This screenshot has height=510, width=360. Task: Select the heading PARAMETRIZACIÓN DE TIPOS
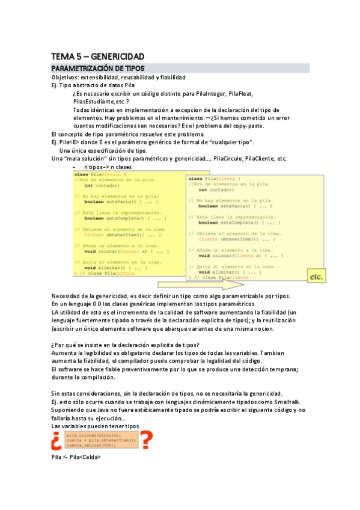point(98,69)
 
